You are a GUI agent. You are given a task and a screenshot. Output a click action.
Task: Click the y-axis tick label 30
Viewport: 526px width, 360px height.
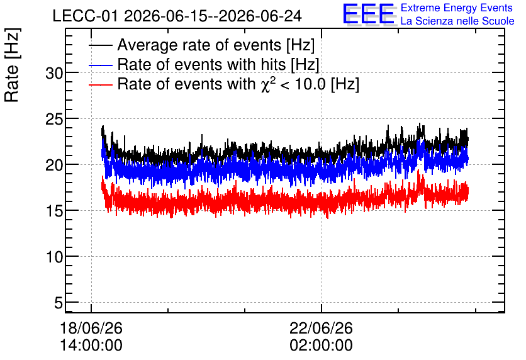click(x=54, y=73)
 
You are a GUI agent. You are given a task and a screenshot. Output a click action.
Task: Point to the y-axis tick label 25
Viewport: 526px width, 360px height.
click(x=54, y=119)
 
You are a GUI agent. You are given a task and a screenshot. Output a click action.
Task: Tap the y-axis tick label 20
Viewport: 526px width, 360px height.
click(x=54, y=165)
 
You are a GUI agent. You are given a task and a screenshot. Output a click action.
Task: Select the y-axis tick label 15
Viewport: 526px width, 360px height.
click(x=54, y=211)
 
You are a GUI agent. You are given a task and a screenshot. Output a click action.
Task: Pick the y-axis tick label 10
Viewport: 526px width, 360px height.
click(x=54, y=257)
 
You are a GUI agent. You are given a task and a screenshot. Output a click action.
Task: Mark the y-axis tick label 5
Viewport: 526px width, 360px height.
click(x=59, y=303)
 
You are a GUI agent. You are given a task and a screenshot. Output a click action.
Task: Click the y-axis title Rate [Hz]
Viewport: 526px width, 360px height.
click(x=12, y=65)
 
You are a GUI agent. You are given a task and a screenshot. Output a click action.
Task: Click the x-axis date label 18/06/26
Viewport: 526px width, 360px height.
click(x=91, y=328)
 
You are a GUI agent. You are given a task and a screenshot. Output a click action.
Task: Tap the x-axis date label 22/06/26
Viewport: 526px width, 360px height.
click(x=321, y=328)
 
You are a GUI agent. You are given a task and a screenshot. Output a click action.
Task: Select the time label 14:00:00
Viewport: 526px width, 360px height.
click(x=91, y=346)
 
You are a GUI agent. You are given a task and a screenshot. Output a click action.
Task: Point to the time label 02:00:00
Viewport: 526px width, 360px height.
click(x=321, y=346)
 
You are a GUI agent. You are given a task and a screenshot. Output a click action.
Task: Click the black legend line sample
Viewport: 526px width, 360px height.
click(x=101, y=45)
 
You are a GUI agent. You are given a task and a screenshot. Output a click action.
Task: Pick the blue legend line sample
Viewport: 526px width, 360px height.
click(x=101, y=65)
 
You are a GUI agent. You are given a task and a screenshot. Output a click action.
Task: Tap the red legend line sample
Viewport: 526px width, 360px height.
click(x=101, y=84)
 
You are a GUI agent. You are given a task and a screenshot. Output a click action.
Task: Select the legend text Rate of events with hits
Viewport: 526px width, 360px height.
click(x=201, y=64)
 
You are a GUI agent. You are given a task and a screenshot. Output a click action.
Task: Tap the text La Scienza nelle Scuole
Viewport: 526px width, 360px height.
click(x=457, y=21)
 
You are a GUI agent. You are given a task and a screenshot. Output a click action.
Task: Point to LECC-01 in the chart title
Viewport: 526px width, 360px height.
click(x=85, y=16)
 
